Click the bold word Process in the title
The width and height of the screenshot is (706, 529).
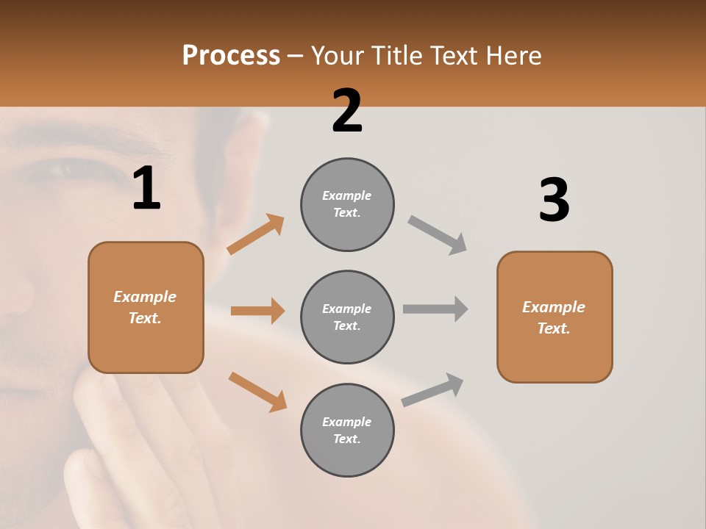(x=231, y=55)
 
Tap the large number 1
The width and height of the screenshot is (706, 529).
(x=146, y=189)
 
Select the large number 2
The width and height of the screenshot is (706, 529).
(x=347, y=111)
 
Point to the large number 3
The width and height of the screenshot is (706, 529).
(x=554, y=201)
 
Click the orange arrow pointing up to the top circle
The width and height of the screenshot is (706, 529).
(x=255, y=234)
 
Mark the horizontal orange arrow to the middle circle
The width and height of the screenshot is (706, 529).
(x=257, y=311)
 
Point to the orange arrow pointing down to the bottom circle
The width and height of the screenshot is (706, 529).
(x=257, y=391)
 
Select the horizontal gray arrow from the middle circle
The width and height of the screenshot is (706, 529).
(x=435, y=309)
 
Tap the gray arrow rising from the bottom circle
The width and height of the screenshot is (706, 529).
(x=432, y=390)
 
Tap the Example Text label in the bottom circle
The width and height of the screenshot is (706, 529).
(x=347, y=431)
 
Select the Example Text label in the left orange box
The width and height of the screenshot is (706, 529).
(x=145, y=307)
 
